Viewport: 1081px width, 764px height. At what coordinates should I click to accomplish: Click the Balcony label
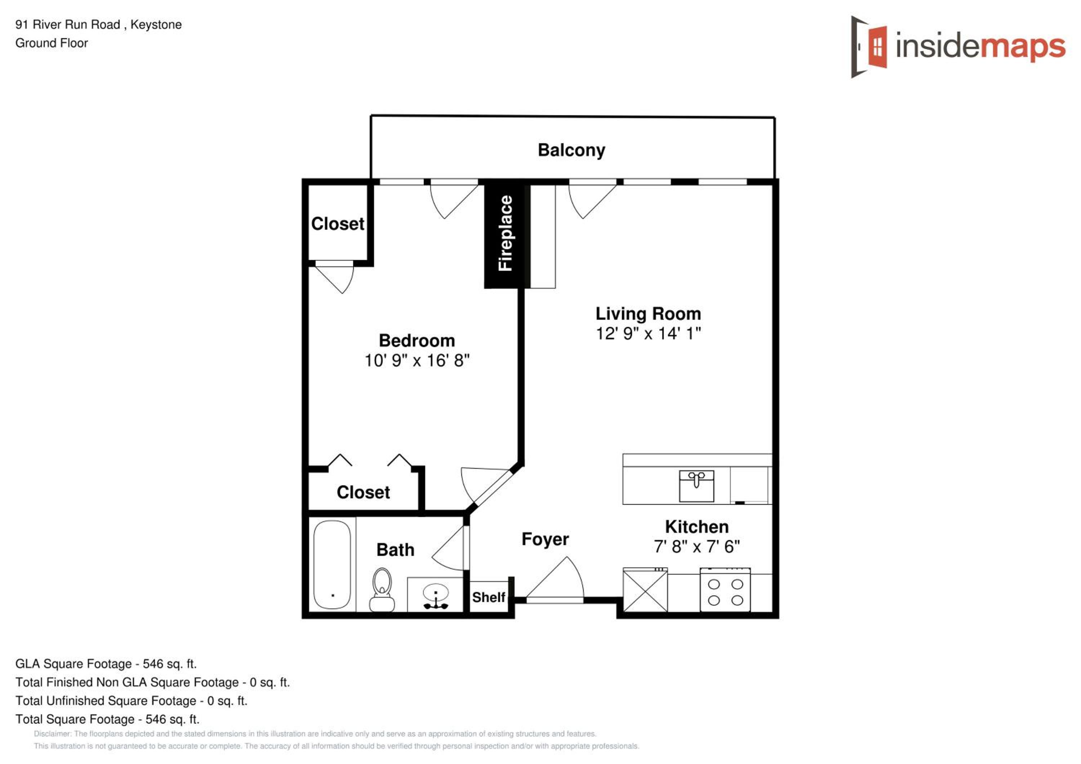point(571,150)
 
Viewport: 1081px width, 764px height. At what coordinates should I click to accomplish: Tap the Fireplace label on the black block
point(505,233)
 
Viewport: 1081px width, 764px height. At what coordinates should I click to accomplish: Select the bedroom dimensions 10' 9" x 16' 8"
point(417,360)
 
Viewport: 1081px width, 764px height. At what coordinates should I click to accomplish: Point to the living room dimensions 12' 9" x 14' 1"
point(648,333)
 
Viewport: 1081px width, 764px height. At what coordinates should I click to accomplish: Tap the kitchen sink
point(696,486)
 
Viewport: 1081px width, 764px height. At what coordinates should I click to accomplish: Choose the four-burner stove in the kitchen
point(725,590)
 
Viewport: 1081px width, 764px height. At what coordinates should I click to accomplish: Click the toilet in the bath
point(382,590)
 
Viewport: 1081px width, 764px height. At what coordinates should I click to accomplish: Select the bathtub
point(332,565)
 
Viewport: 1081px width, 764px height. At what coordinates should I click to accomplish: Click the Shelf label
point(489,597)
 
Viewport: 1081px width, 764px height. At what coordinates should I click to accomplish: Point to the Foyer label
point(545,539)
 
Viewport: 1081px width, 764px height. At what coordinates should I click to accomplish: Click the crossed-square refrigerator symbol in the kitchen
point(645,590)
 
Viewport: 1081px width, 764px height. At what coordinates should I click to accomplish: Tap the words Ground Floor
point(52,43)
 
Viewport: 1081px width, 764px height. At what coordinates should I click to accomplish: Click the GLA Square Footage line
point(106,664)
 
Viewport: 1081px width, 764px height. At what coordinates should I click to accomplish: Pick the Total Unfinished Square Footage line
point(132,701)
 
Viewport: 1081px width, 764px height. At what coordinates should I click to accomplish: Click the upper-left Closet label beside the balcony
point(338,224)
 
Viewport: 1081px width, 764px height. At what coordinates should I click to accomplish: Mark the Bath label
point(396,550)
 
